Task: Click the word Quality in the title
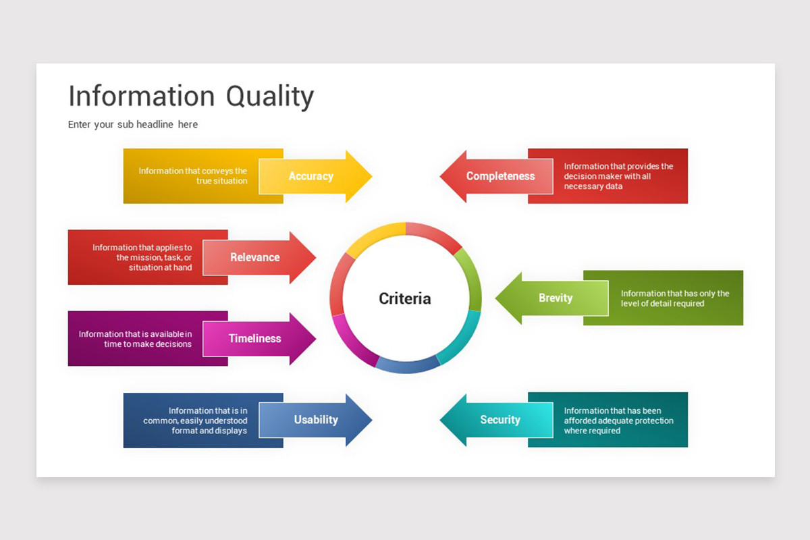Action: click(270, 97)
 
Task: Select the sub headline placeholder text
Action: click(133, 124)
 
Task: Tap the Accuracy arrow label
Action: click(310, 176)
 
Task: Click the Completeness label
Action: click(500, 176)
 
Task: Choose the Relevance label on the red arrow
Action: click(254, 257)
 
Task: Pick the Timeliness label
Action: click(254, 339)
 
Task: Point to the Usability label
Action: click(315, 420)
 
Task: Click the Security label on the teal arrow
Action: click(500, 420)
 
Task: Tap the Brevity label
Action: click(556, 298)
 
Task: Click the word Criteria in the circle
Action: click(405, 298)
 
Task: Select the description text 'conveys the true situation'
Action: click(193, 176)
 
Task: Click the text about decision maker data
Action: click(618, 176)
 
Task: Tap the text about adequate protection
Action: click(618, 421)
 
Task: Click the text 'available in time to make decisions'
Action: click(135, 339)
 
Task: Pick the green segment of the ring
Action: click(470, 277)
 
